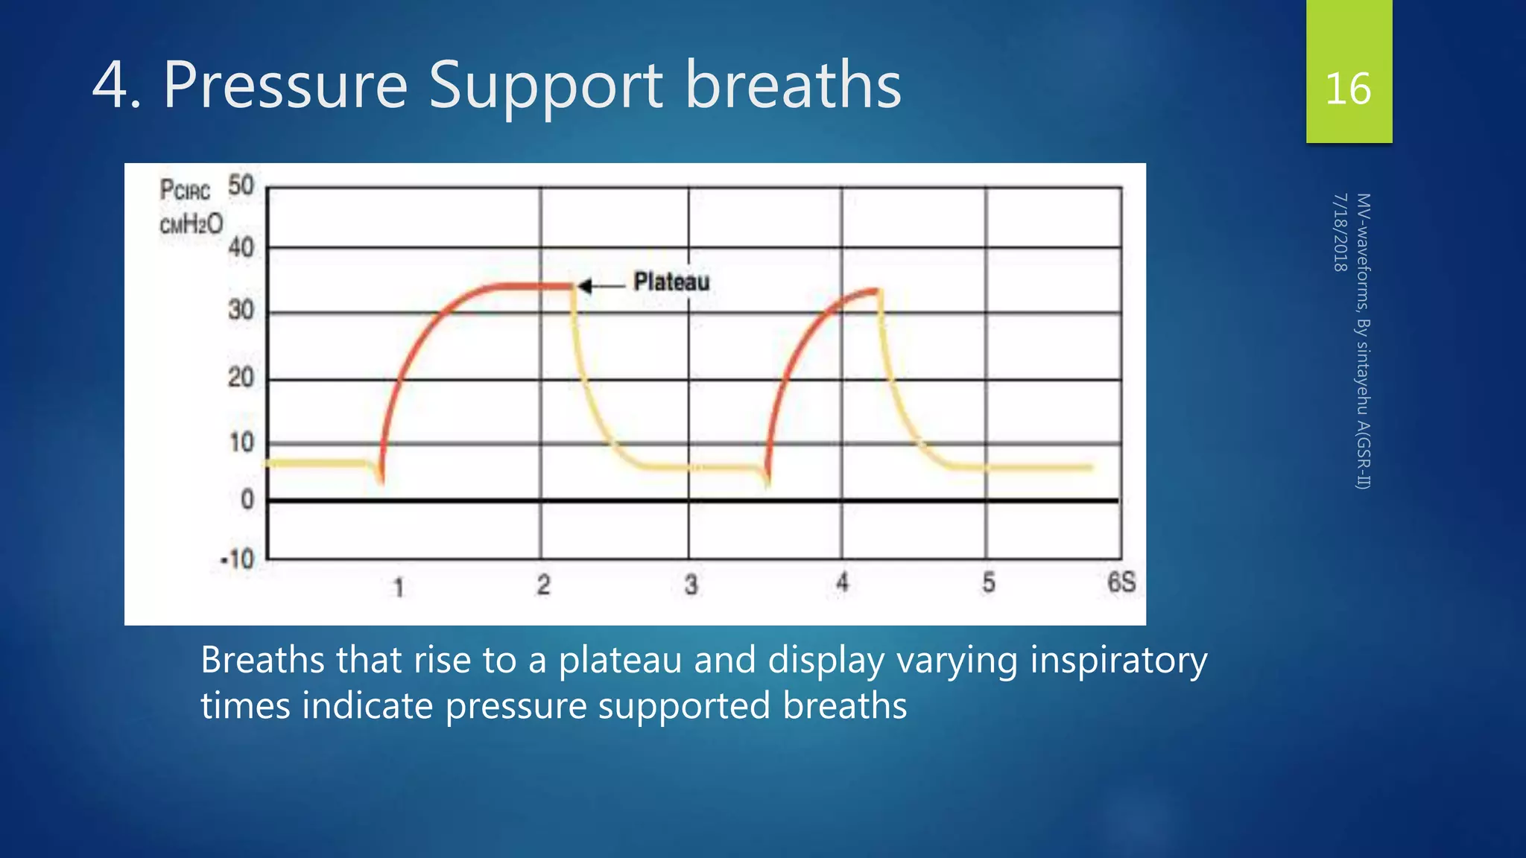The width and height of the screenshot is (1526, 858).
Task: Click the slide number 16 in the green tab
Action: pyautogui.click(x=1348, y=89)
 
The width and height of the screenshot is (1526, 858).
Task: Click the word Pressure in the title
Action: pyautogui.click(x=285, y=86)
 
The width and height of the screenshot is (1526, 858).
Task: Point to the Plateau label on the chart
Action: pyautogui.click(x=671, y=282)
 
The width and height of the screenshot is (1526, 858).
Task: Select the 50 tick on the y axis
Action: pyautogui.click(x=241, y=185)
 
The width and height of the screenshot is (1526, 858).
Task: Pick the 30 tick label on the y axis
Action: pyautogui.click(x=241, y=310)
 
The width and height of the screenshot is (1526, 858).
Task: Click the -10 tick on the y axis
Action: pyautogui.click(x=238, y=559)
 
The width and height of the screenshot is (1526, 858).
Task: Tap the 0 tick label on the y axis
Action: pyautogui.click(x=247, y=500)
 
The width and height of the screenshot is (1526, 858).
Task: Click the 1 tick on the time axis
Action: pyautogui.click(x=399, y=588)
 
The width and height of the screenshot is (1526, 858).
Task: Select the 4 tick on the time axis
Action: pyautogui.click(x=842, y=582)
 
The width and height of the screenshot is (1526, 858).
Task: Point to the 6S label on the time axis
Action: pyautogui.click(x=1121, y=582)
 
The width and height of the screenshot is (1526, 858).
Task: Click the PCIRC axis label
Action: pyautogui.click(x=185, y=190)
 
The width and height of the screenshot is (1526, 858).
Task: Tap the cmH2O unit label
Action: pyautogui.click(x=191, y=224)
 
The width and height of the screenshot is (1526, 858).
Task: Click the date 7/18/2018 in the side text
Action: pyautogui.click(x=1340, y=232)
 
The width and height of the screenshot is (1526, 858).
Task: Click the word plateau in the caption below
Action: pyautogui.click(x=620, y=660)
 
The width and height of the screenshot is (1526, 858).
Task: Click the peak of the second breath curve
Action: pyautogui.click(x=876, y=290)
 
